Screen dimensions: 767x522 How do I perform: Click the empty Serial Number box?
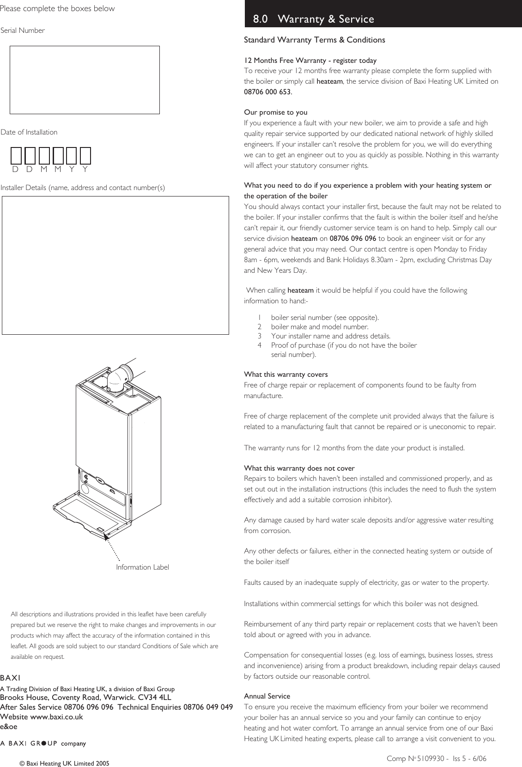tap(85, 80)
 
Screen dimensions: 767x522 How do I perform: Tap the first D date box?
tap(16, 156)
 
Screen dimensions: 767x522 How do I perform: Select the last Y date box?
tap(85, 156)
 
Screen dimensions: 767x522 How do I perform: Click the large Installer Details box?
tap(115, 265)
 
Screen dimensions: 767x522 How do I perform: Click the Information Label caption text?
tap(142, 567)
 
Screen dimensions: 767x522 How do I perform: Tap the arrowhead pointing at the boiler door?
tap(106, 538)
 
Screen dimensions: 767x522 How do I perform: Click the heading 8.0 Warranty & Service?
tap(314, 19)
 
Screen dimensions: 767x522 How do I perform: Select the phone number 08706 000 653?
tap(267, 92)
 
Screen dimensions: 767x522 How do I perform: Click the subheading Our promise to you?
tap(275, 112)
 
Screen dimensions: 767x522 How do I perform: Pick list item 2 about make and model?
tap(319, 327)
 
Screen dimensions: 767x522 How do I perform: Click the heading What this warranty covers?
tap(285, 374)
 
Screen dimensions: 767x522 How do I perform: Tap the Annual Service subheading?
tap(267, 696)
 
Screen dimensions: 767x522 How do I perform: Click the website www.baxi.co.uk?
tap(56, 717)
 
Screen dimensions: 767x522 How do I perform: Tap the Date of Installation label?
tap(29, 132)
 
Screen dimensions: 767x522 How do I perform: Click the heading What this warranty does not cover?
tap(299, 468)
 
